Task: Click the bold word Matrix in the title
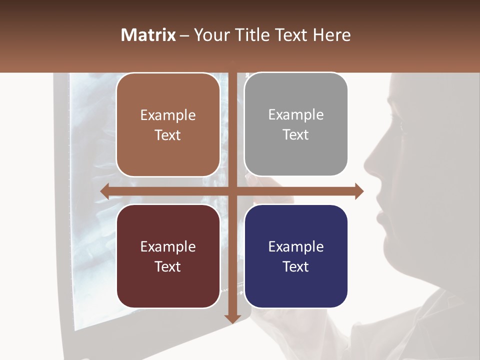pyautogui.click(x=148, y=35)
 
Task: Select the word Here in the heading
pyautogui.click(x=332, y=35)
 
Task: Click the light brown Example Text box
pyautogui.click(x=168, y=125)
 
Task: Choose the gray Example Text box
pyautogui.click(x=296, y=124)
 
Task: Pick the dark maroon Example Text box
pyautogui.click(x=168, y=256)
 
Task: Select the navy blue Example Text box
pyautogui.click(x=296, y=256)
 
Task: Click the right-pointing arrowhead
pyautogui.click(x=359, y=191)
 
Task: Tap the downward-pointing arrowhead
pyautogui.click(x=232, y=318)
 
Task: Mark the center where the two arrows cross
pyautogui.click(x=232, y=191)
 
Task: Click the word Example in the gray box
pyautogui.click(x=296, y=114)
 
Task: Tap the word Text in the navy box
pyautogui.click(x=296, y=266)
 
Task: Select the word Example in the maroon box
pyautogui.click(x=168, y=246)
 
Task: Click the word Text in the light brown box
pyautogui.click(x=168, y=135)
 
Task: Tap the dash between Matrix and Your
pyautogui.click(x=184, y=35)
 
